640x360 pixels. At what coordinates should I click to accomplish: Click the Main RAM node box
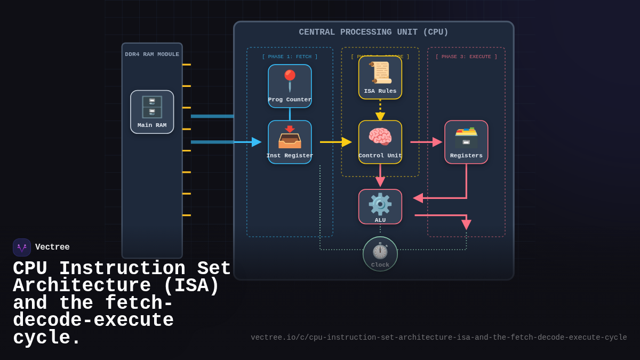(x=152, y=112)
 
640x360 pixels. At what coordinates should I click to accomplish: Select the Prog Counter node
(x=290, y=86)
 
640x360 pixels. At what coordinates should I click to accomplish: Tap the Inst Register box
(x=290, y=142)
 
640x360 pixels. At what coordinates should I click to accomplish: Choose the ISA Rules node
(x=380, y=78)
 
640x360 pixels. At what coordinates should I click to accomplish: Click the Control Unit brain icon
(x=380, y=137)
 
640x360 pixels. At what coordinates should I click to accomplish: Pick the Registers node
(x=466, y=142)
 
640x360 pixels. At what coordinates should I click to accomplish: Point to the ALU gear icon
(x=380, y=204)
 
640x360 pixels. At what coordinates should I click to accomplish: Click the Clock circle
(x=380, y=254)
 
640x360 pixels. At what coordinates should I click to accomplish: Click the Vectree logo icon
(x=22, y=247)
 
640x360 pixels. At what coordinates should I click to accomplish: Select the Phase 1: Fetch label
(x=290, y=57)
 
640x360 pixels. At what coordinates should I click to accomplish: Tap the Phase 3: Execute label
(x=466, y=57)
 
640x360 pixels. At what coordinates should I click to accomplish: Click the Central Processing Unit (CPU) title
(x=373, y=32)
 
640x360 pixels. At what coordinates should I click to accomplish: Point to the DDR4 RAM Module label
(x=152, y=54)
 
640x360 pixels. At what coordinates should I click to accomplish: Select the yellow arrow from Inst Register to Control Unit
(x=335, y=142)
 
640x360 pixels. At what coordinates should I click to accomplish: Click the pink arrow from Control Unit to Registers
(x=426, y=142)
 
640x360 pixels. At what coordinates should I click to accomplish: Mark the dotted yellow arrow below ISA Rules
(x=380, y=110)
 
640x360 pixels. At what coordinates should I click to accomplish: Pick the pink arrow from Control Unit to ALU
(x=380, y=176)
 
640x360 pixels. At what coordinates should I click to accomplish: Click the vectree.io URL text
(x=438, y=338)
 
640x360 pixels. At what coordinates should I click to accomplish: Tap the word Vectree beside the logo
(x=52, y=247)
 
